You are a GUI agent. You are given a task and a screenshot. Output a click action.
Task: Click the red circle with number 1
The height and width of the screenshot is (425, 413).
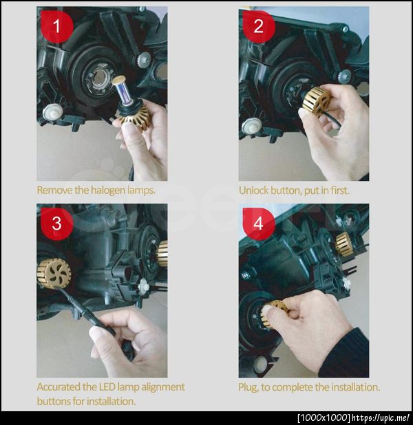point(56,26)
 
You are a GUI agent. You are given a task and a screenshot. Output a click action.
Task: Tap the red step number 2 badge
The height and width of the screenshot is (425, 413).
point(259,26)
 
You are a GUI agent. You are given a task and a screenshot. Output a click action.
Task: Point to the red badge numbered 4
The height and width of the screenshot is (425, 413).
point(259,224)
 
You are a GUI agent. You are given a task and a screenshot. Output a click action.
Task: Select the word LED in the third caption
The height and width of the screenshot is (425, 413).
point(105,386)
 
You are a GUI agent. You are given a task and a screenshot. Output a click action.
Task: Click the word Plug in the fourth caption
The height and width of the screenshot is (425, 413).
point(248,387)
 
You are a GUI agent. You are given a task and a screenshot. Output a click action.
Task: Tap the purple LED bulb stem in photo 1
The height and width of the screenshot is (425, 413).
point(122,93)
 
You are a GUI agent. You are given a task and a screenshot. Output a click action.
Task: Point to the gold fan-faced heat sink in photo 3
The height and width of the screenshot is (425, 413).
point(54,274)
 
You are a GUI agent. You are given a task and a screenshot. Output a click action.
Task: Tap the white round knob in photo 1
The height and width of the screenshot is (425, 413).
point(52,112)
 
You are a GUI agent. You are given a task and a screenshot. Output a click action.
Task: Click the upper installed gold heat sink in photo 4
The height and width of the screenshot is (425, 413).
point(344,244)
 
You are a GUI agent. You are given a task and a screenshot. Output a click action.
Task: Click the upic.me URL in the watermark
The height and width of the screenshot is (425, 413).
point(380,417)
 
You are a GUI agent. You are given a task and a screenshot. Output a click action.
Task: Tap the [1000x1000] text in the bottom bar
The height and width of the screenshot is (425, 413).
point(324,417)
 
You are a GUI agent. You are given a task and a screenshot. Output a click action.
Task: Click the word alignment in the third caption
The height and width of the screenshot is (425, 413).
point(163,387)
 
